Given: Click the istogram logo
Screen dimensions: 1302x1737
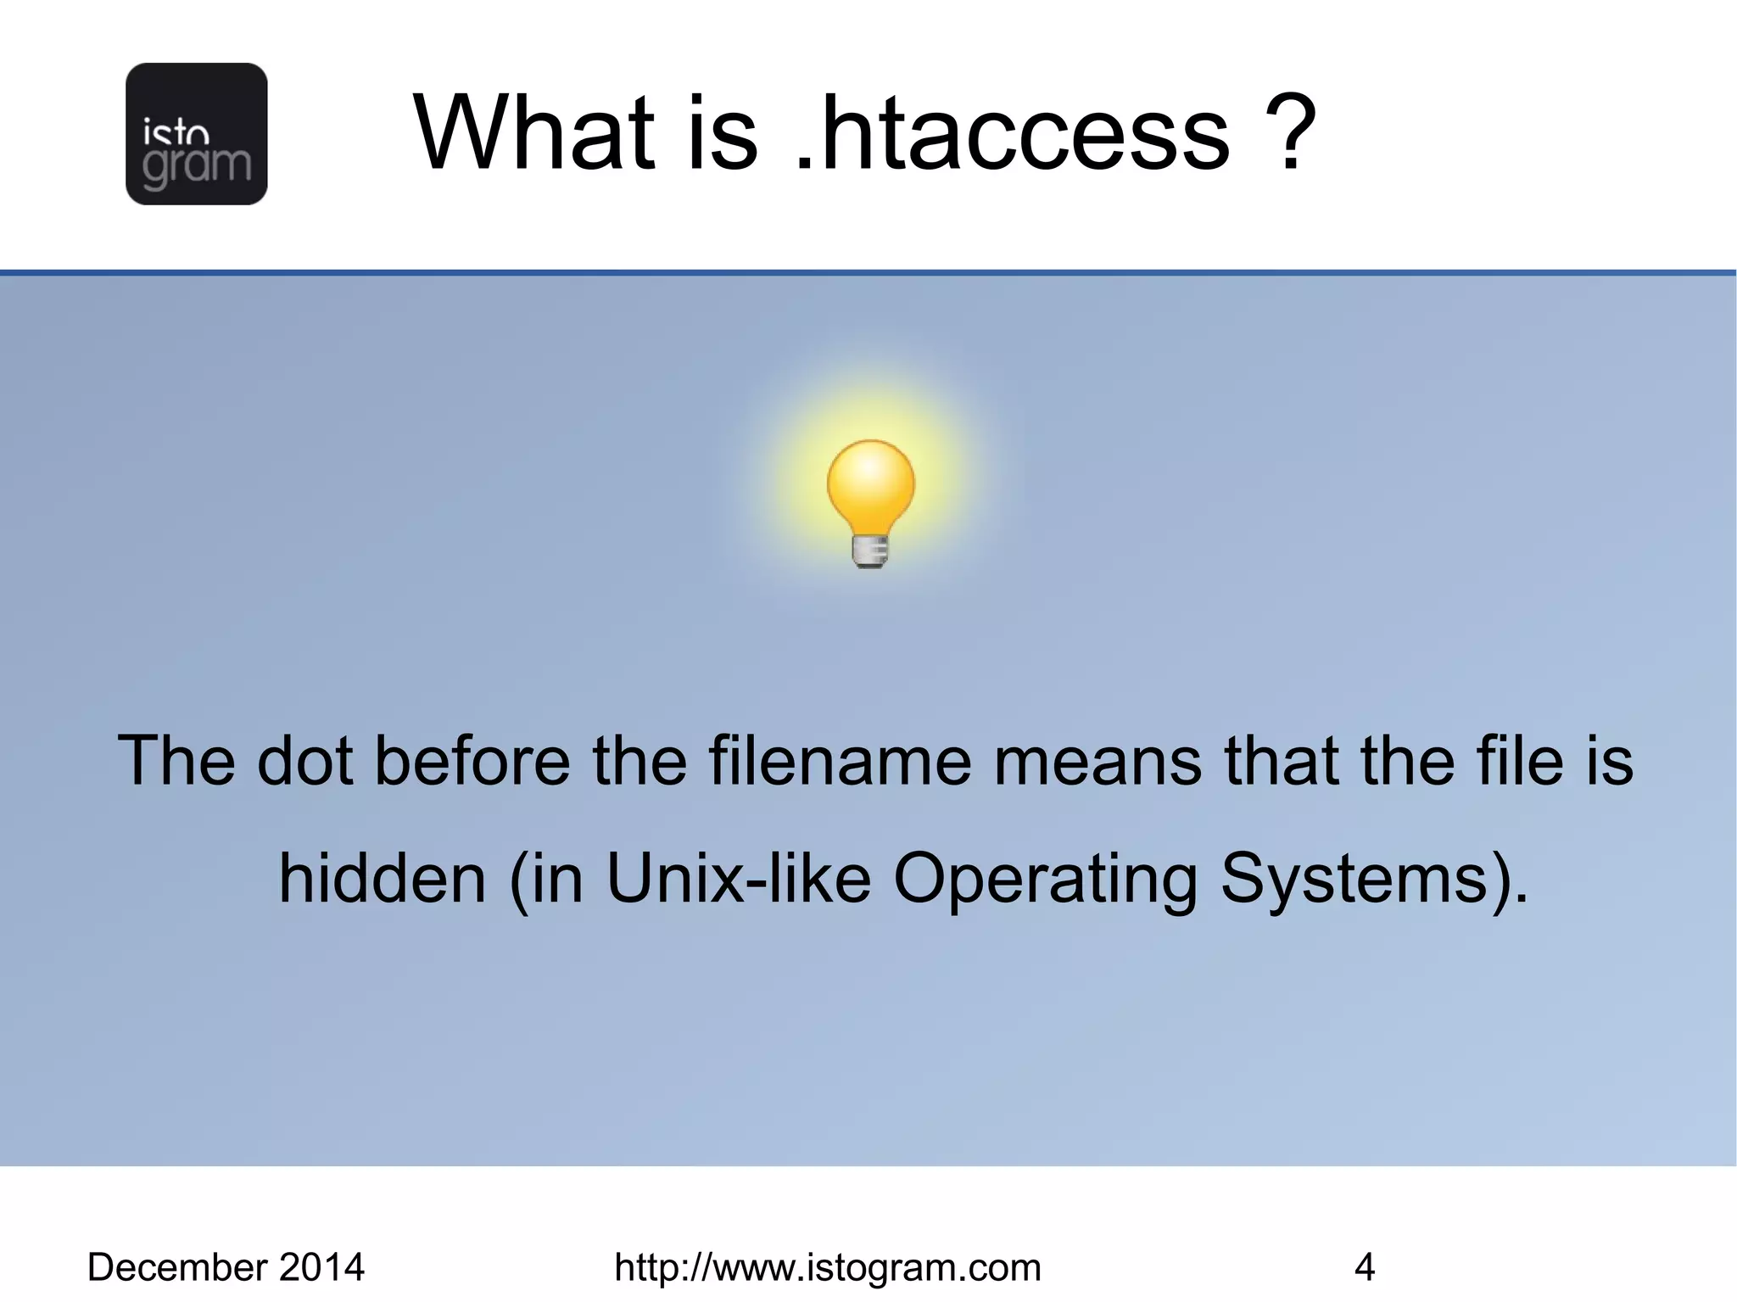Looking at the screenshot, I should tap(196, 134).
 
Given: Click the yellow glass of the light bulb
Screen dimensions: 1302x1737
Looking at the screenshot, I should tap(871, 485).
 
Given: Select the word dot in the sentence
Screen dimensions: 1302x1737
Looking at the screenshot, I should tap(304, 761).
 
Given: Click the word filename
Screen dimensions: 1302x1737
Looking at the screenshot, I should tap(840, 761).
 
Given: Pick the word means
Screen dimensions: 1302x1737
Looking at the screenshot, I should tap(1097, 761).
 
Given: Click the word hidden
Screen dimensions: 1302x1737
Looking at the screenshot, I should tap(383, 879).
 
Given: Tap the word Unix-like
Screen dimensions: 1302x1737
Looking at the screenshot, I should tap(738, 879).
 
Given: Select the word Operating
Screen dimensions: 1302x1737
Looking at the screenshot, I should tap(1046, 879).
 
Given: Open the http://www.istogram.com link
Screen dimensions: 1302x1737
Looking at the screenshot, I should tap(827, 1267).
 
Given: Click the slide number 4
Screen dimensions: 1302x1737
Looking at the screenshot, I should tap(1364, 1267).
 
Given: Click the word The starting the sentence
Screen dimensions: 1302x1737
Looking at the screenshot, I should tap(176, 761).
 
